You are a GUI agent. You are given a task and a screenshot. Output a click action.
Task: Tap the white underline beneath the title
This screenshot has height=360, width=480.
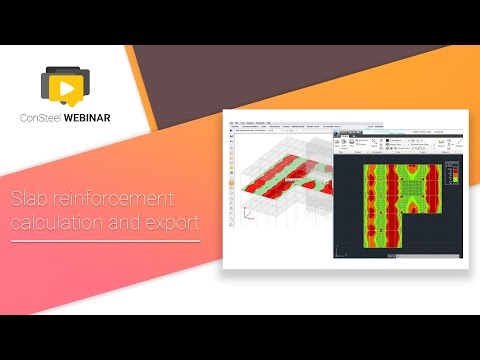click(x=104, y=241)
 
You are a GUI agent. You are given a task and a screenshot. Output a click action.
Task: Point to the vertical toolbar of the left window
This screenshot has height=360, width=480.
click(x=232, y=190)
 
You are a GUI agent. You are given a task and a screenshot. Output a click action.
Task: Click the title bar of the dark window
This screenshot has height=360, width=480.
click(x=400, y=131)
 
